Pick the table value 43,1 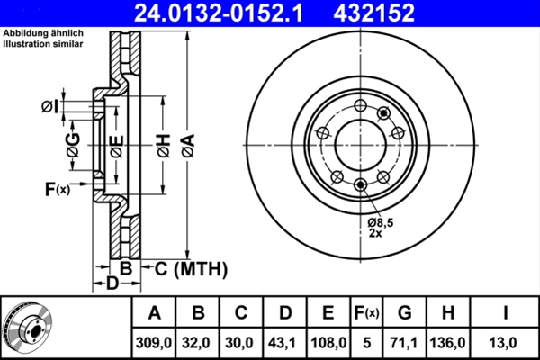click(x=285, y=342)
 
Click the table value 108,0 click(x=328, y=342)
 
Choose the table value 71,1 click(x=405, y=342)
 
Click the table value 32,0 click(x=198, y=342)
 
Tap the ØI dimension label click(x=50, y=107)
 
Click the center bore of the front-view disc click(x=360, y=144)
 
